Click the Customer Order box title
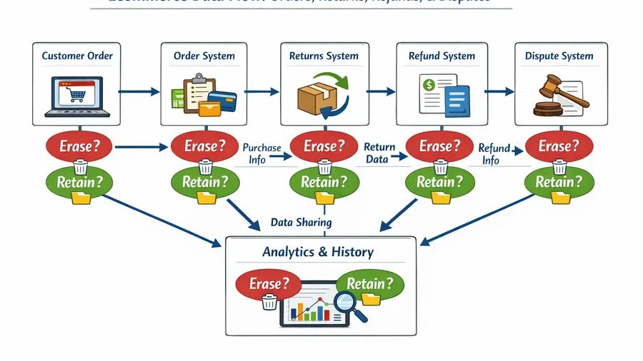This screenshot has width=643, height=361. pos(77,56)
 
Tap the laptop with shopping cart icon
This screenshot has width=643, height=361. pos(77,93)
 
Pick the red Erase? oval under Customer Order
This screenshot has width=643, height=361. pos(79,147)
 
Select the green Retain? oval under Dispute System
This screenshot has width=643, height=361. pos(554,182)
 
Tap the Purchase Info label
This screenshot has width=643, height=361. pos(261,153)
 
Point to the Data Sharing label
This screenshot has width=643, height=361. pos(301,223)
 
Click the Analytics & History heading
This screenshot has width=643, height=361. pos(318,252)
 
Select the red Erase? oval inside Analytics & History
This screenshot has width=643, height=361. pos(264,283)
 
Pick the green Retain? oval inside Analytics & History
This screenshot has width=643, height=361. pos(369,283)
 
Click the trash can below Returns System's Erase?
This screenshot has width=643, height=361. pos(324,167)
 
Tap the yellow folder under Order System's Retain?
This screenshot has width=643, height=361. pos(206,199)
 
